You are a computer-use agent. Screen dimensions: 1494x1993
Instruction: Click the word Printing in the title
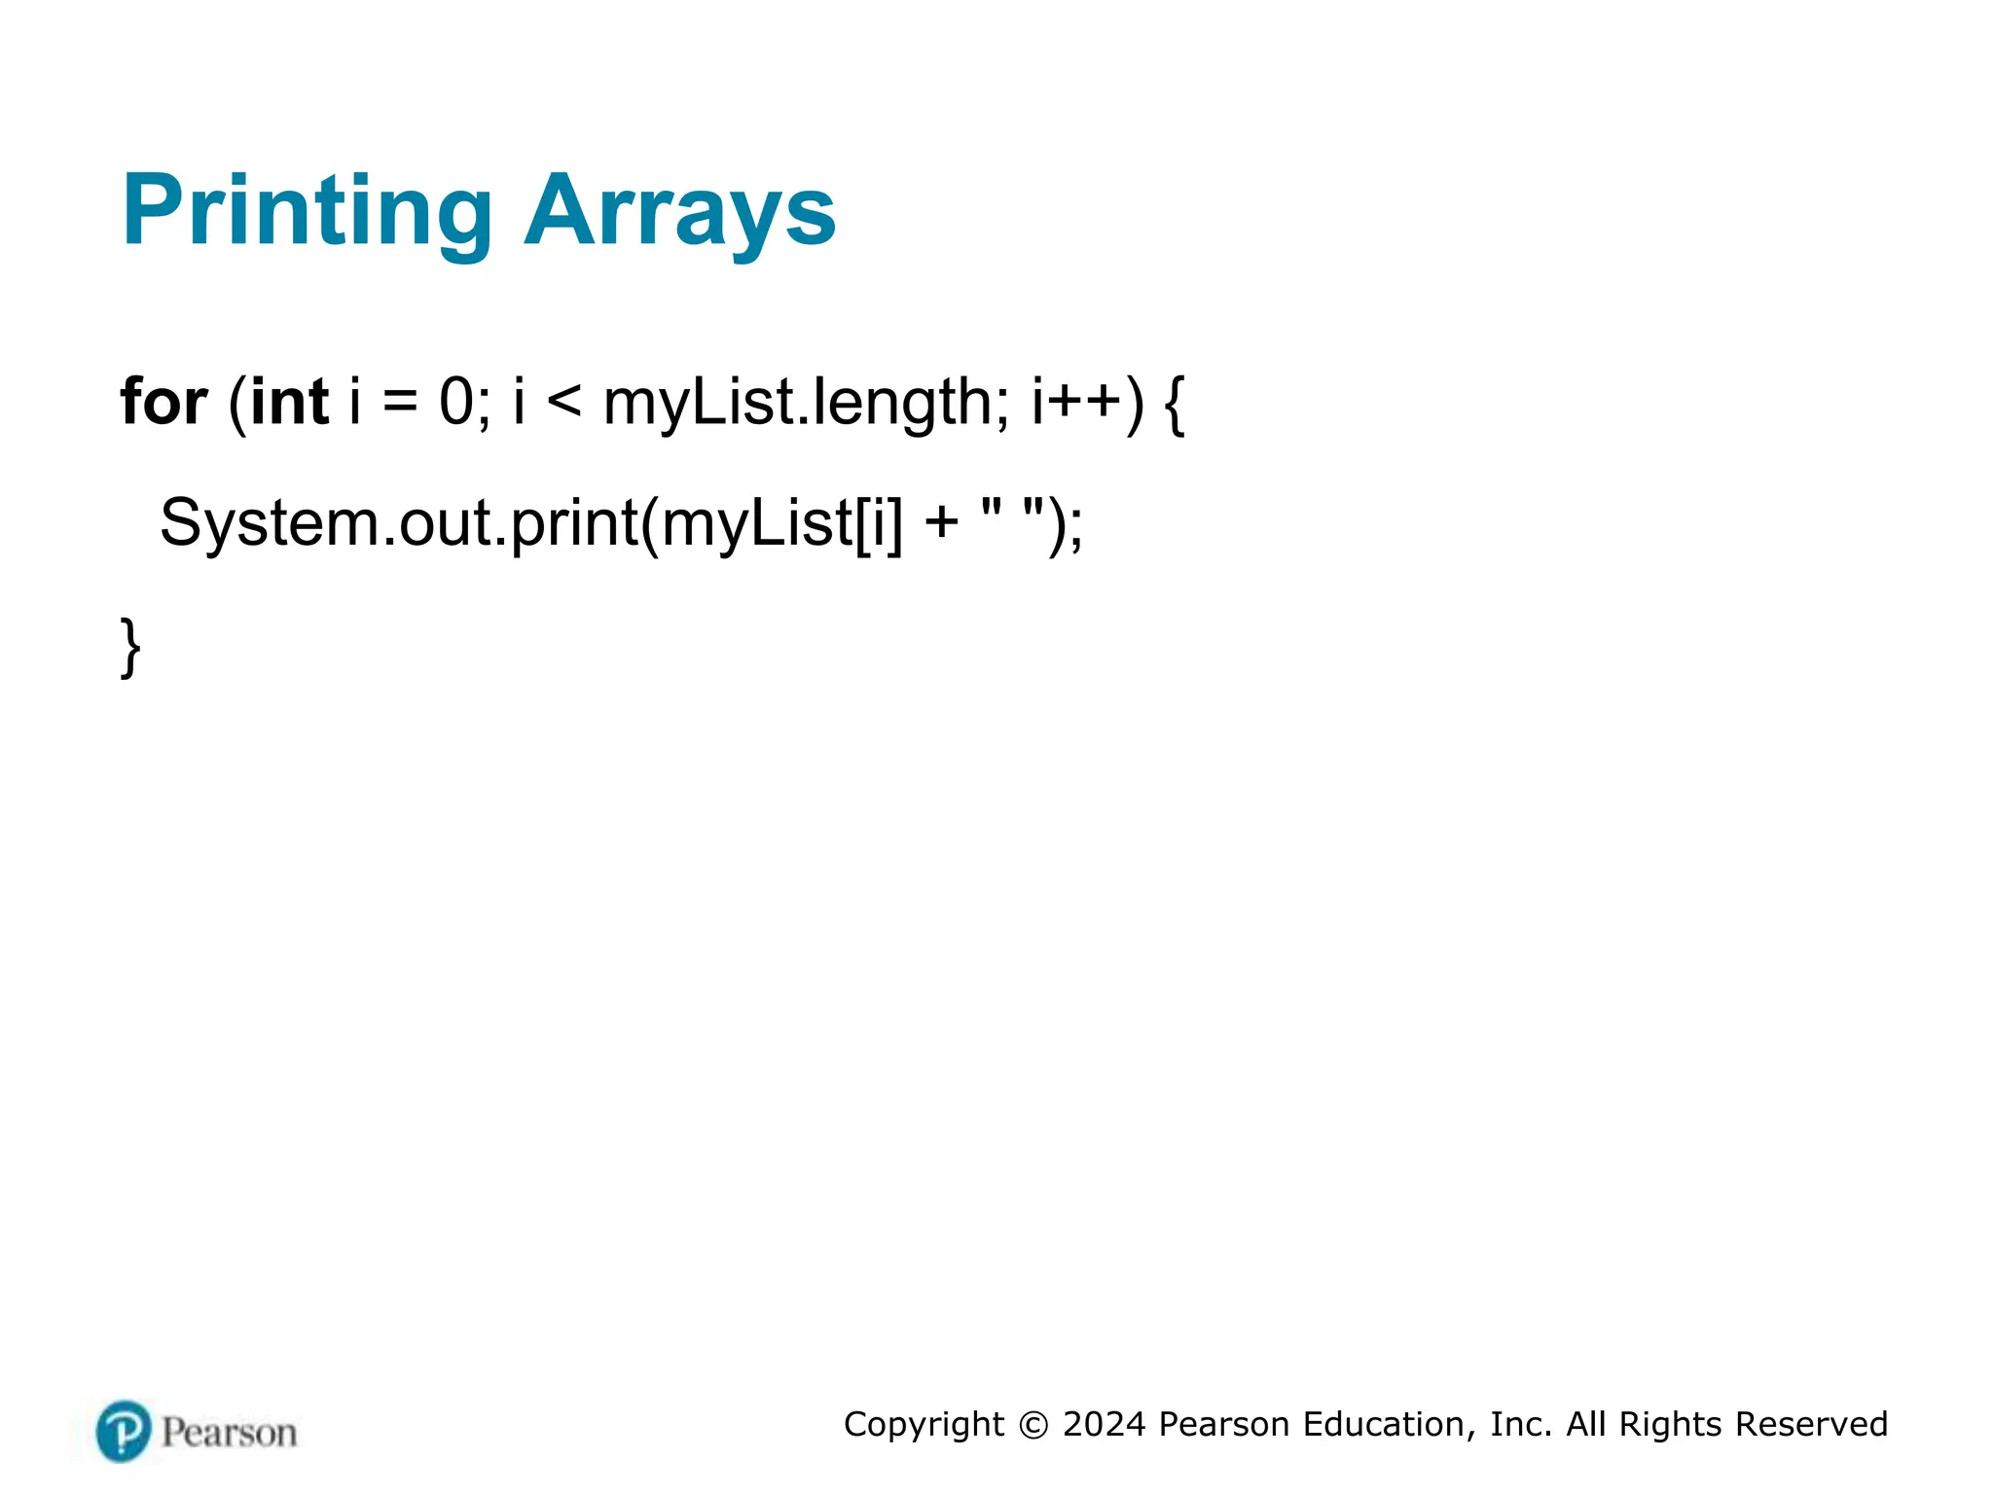[x=307, y=212]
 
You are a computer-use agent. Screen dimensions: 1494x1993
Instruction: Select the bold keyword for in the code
[x=163, y=402]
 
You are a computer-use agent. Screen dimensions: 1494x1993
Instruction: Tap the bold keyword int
[x=289, y=402]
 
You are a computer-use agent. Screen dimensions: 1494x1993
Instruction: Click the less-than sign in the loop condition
[x=564, y=402]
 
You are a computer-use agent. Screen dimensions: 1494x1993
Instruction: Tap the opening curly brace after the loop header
[x=1175, y=404]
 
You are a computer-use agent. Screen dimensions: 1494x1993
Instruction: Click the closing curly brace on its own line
[x=130, y=646]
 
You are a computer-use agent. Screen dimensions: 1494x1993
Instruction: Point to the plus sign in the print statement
[x=941, y=523]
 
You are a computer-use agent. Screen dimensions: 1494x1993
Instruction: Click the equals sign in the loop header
[x=399, y=402]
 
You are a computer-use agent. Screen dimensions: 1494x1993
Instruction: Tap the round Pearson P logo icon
[x=124, y=1431]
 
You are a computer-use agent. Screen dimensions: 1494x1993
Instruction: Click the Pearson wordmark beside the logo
[x=229, y=1433]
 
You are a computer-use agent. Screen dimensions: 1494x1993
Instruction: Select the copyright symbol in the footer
[x=1033, y=1425]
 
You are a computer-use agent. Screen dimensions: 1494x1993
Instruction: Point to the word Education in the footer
[x=1383, y=1424]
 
